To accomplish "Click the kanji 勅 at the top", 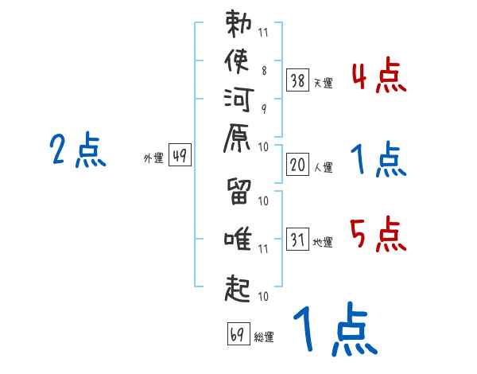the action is (x=238, y=23).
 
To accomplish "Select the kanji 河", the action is (x=238, y=99).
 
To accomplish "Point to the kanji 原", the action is (x=237, y=138).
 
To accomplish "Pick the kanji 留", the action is (x=238, y=191).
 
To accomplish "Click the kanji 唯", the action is (x=238, y=239).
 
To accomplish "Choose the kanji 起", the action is (x=238, y=288).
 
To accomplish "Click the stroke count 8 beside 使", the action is (x=264, y=71).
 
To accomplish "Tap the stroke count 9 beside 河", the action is (x=264, y=109).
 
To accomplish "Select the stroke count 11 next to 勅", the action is (x=263, y=33).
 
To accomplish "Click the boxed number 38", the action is (x=297, y=80).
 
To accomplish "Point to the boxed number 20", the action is (x=297, y=165).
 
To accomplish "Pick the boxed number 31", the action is (x=297, y=239).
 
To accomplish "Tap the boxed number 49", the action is (x=180, y=154).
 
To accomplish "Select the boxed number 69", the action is (x=238, y=333).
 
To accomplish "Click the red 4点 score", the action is (x=378, y=75).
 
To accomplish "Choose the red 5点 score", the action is (x=378, y=234).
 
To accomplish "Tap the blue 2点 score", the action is (x=78, y=150).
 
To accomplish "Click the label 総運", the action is (x=264, y=337).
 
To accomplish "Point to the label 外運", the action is (x=153, y=158).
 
